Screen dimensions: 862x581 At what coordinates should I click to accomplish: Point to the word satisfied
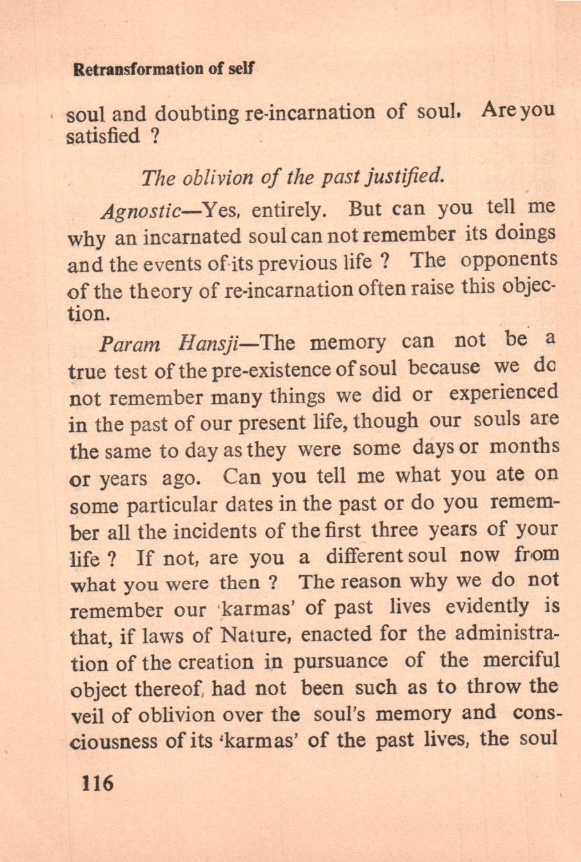coord(103,136)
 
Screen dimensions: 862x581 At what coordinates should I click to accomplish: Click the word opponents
coord(509,259)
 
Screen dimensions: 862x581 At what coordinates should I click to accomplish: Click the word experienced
coord(503,392)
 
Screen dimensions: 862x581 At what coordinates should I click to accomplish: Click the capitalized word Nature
coord(257,635)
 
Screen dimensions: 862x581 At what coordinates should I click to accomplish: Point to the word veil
coord(86,714)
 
